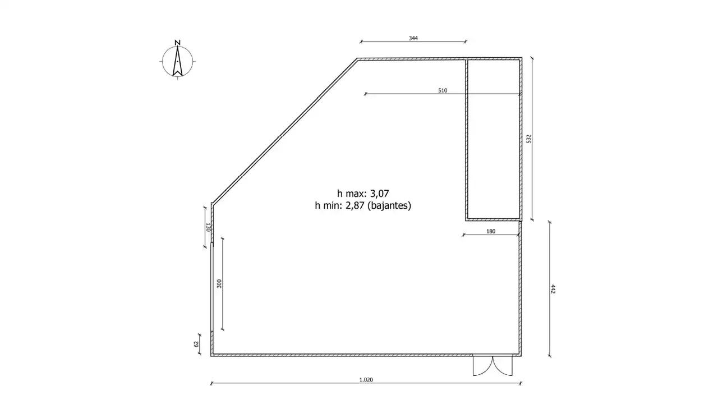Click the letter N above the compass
point(178,43)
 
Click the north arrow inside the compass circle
point(178,61)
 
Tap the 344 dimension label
point(413,38)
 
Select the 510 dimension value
point(443,90)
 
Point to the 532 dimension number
point(529,139)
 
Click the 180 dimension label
point(491,231)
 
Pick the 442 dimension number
point(553,289)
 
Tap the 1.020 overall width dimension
point(366,380)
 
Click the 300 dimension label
point(219,284)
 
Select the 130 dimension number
point(208,227)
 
